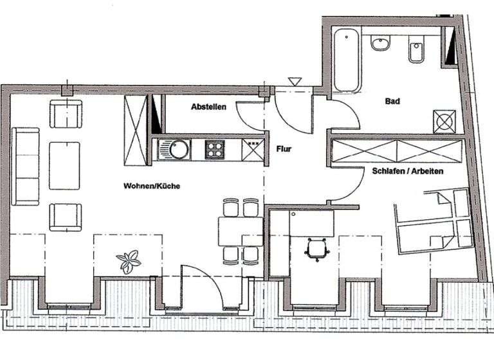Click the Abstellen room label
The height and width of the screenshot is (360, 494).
208,108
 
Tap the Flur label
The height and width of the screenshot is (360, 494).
284,149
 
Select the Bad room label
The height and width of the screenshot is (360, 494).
392,101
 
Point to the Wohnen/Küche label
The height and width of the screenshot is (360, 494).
152,186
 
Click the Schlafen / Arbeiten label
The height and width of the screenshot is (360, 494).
408,172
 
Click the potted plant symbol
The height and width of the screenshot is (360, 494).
129,262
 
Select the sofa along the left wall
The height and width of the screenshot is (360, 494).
26,166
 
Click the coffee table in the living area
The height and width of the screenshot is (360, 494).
64,165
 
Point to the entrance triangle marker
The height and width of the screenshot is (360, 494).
295,82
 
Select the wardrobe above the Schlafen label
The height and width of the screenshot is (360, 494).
396,152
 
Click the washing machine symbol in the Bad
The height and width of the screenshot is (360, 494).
445,121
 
